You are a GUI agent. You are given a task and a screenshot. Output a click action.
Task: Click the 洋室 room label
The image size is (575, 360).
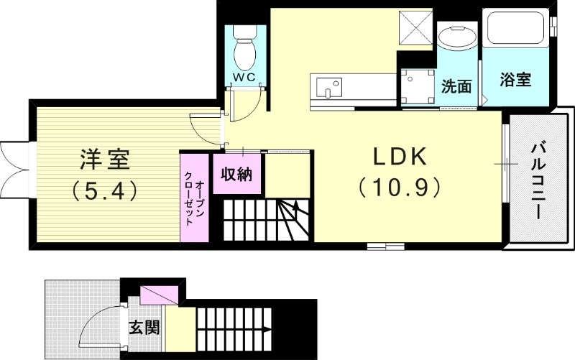click(105, 158)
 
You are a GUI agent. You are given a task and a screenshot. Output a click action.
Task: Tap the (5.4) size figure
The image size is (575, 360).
click(105, 190)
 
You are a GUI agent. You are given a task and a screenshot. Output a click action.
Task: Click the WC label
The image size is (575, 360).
click(244, 77)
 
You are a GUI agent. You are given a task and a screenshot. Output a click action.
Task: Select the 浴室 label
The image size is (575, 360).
click(515, 80)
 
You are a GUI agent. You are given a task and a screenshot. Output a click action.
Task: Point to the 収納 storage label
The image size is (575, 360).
click(236, 174)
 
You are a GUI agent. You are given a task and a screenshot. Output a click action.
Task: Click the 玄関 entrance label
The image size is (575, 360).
click(144, 329)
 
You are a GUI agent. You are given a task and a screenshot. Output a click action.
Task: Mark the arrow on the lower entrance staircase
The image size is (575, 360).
click(266, 330)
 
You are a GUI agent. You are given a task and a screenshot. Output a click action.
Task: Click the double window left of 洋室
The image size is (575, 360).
click(14, 159)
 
